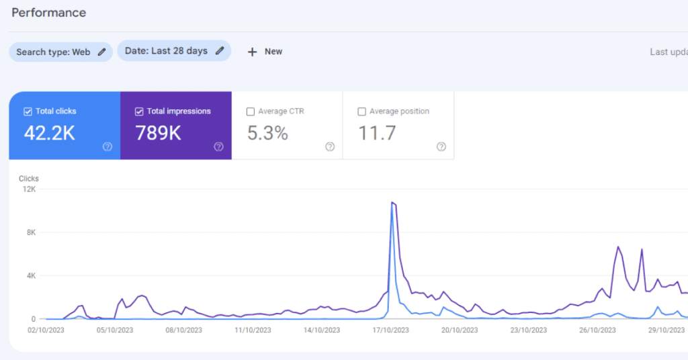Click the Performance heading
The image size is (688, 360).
pos(49,13)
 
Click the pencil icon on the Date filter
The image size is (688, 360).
pos(220,51)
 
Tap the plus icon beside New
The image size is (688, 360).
pos(253,52)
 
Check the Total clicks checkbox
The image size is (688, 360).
pos(28,111)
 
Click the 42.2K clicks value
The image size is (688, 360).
pos(50,133)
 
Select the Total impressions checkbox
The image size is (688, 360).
pos(139,111)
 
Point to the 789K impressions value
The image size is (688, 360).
pos(159,133)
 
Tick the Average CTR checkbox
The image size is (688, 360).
pos(251,111)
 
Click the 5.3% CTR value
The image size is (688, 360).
pos(267,133)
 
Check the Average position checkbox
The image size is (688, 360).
pos(362,111)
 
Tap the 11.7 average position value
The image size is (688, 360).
pos(377,133)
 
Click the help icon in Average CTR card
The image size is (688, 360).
pos(330,146)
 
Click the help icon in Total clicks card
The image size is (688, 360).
pos(107,146)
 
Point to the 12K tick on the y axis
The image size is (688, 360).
pos(28,189)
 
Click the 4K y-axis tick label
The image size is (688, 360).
pos(30,276)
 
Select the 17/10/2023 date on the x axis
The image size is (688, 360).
pos(391,330)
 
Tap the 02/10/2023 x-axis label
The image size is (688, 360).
pos(46,330)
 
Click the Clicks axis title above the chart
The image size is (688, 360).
pos(29,179)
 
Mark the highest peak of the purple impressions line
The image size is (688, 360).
pos(392,201)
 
